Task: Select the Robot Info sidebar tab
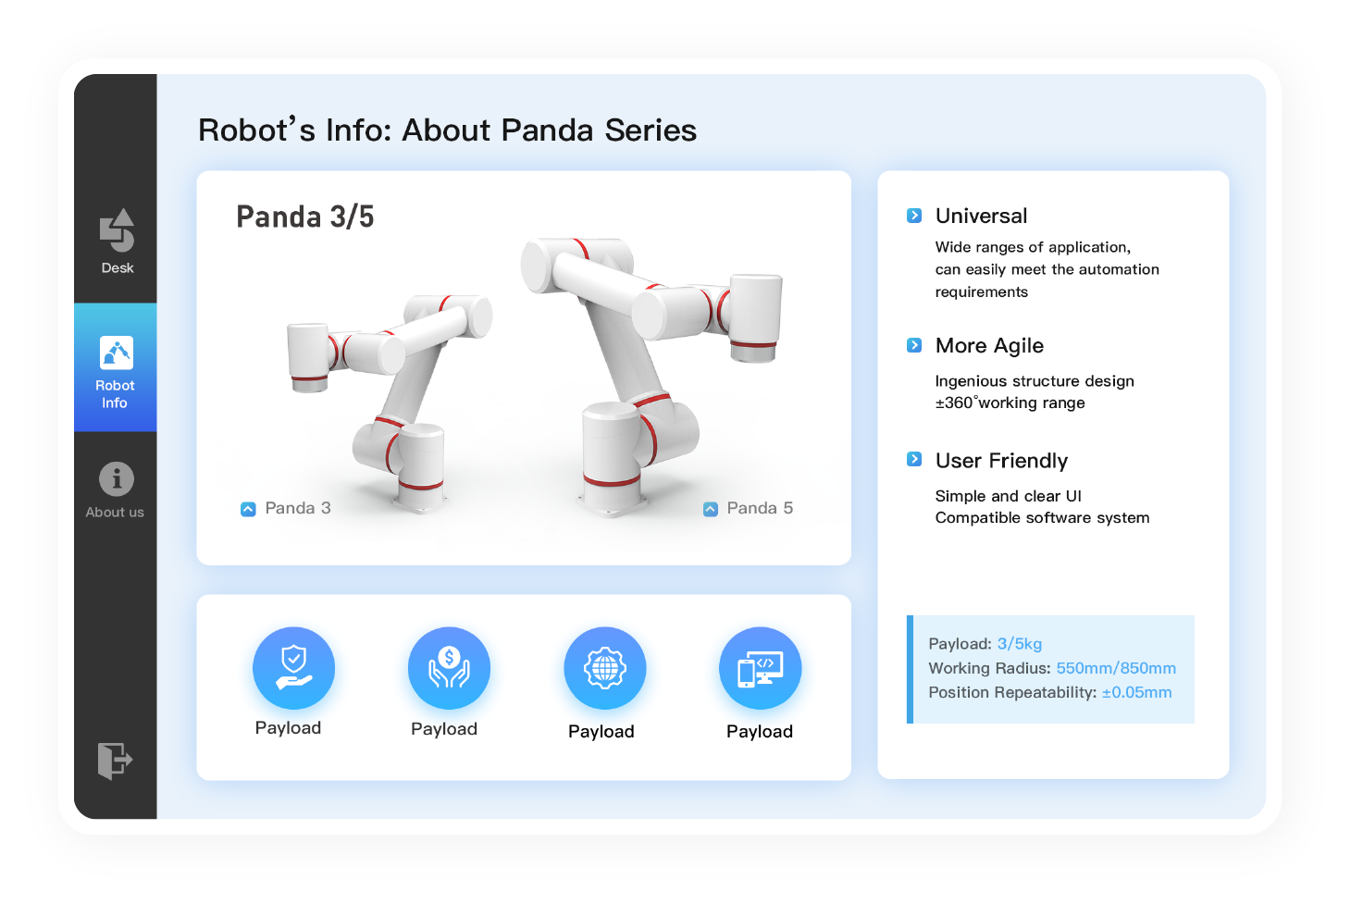115,367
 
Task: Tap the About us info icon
117,479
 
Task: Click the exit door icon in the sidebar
115,761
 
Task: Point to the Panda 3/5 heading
305,217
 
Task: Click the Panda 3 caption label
298,508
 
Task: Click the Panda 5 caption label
760,508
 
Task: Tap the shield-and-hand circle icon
293,668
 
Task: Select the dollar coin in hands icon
450,668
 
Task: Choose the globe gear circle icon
605,668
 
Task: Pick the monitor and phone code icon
761,668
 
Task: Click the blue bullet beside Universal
914,216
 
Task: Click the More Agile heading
989,345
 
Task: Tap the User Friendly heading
1001,461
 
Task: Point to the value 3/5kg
1020,644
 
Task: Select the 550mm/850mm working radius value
1116,668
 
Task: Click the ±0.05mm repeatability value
1137,692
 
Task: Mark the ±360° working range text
1010,402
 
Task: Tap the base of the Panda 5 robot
612,498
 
